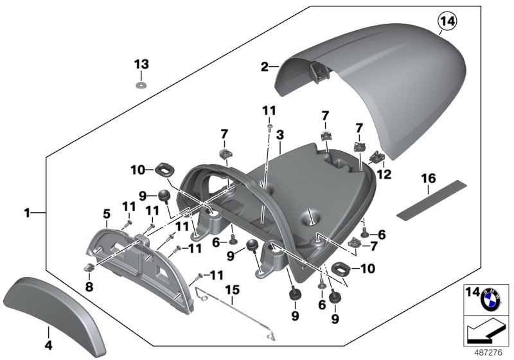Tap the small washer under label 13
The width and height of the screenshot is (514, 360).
[141, 84]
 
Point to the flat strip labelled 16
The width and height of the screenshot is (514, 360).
[427, 201]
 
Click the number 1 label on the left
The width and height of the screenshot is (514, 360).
[27, 212]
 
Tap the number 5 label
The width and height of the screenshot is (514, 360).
[107, 213]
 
